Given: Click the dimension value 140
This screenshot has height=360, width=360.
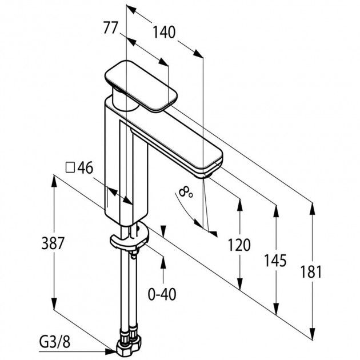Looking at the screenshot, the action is pyautogui.click(x=164, y=32).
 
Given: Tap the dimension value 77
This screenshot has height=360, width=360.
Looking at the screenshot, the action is pyautogui.click(x=110, y=27).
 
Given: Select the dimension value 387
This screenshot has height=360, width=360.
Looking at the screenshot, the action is pyautogui.click(x=53, y=243).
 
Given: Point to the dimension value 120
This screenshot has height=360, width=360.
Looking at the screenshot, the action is pyautogui.click(x=239, y=245).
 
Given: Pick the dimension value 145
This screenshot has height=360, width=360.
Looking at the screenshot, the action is pyautogui.click(x=275, y=261).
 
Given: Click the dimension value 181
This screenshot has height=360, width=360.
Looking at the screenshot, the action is pyautogui.click(x=311, y=272).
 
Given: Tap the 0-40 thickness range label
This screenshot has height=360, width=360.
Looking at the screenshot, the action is pyautogui.click(x=162, y=294).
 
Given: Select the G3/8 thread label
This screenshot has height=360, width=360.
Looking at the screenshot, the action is pyautogui.click(x=55, y=342).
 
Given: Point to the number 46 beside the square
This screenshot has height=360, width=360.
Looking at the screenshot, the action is pyautogui.click(x=85, y=168).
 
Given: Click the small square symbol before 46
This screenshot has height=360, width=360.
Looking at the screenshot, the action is pyautogui.click(x=70, y=167).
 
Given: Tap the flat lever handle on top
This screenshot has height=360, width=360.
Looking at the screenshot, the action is pyautogui.click(x=141, y=86).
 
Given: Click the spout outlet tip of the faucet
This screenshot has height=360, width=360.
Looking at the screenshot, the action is pyautogui.click(x=206, y=175).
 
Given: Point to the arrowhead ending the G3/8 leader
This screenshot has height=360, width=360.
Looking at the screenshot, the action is pyautogui.click(x=111, y=351).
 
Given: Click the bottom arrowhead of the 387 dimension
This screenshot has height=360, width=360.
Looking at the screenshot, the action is pyautogui.click(x=54, y=303).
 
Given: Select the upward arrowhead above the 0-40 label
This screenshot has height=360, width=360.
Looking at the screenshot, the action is pyautogui.click(x=163, y=262).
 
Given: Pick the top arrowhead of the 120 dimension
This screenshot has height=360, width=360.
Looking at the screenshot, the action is pyautogui.click(x=239, y=205).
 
